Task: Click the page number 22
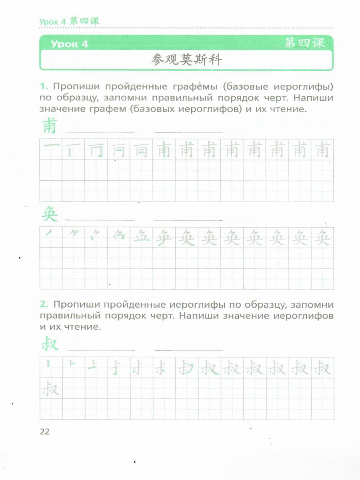pyautogui.click(x=44, y=431)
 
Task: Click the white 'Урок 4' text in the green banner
pyautogui.click(x=69, y=44)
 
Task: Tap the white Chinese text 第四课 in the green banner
pyautogui.click(x=305, y=43)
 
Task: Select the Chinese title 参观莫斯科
pyautogui.click(x=186, y=60)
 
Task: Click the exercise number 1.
pyautogui.click(x=44, y=86)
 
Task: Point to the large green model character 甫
pyautogui.click(x=50, y=127)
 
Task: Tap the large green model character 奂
pyautogui.click(x=50, y=216)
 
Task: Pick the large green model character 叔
pyautogui.click(x=50, y=345)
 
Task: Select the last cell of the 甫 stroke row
pyautogui.click(x=322, y=150)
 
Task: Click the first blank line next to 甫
pyautogui.click(x=100, y=131)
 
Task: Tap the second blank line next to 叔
pyautogui.click(x=188, y=350)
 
